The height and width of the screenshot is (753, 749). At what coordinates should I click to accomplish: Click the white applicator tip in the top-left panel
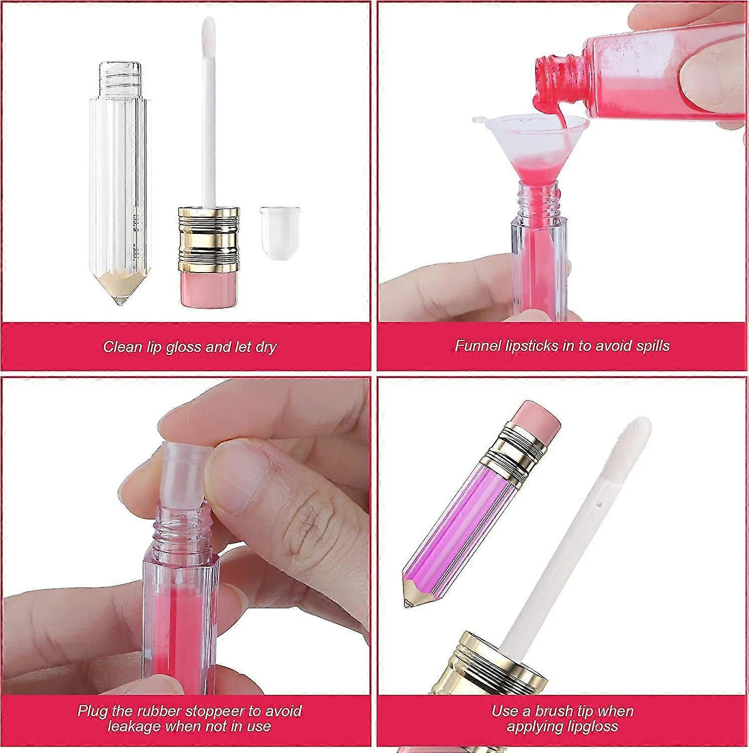pyautogui.click(x=208, y=40)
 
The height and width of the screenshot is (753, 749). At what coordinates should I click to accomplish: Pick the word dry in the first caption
pyautogui.click(x=267, y=347)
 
